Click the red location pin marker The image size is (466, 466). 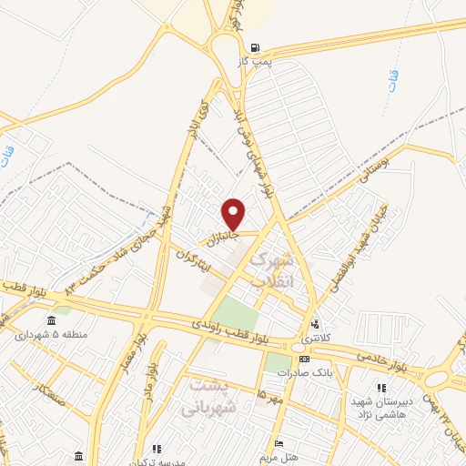click(x=234, y=215)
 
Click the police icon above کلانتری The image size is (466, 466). click(x=316, y=324)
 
